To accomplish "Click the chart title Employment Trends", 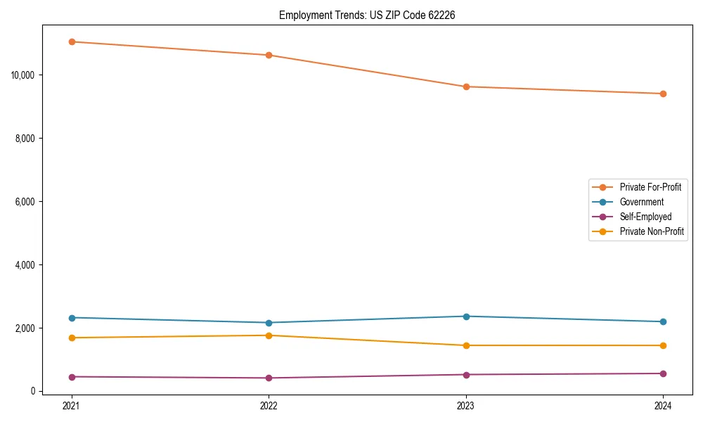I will coord(367,15).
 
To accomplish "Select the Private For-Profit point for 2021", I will coord(72,41).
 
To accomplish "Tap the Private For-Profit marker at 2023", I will coord(466,87).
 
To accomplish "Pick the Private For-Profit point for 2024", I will coord(663,94).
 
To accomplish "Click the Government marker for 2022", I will coord(269,323).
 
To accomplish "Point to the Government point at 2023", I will coord(466,316).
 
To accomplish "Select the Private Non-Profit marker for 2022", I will coord(269,335).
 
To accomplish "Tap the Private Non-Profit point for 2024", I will coord(663,345).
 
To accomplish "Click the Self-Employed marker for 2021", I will coord(72,377).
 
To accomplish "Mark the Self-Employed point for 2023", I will coord(466,374).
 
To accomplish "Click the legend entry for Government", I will coord(641,202).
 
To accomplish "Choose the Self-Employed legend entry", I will coord(645,217).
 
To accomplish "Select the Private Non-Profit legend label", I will coord(652,231).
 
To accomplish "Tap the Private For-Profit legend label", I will coord(650,187).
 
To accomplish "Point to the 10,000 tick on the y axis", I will coord(25,75).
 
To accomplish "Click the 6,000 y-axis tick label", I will coord(27,202).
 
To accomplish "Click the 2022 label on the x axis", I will coord(269,406).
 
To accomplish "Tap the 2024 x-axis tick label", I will coord(663,406).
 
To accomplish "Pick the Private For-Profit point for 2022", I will coord(269,55).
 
